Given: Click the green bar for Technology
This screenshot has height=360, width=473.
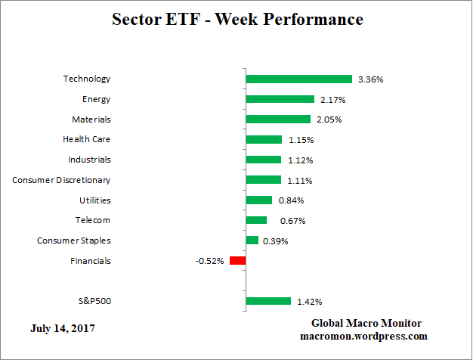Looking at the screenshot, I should pyautogui.click(x=298, y=79).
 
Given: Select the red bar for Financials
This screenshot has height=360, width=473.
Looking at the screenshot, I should pyautogui.click(x=237, y=261).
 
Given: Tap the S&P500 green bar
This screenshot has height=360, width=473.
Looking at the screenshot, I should pyautogui.click(x=268, y=301).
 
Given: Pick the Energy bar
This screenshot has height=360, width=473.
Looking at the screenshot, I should pyautogui.click(x=280, y=99).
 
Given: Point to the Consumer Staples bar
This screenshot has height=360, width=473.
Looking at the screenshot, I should pyautogui.click(x=252, y=241).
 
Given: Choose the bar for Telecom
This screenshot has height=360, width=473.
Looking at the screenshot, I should pyautogui.click(x=256, y=220).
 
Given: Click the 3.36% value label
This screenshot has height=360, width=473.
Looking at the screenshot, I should pyautogui.click(x=369, y=79).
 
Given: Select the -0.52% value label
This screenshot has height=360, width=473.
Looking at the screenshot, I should pyautogui.click(x=210, y=261).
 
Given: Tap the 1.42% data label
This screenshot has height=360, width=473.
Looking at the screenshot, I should pyautogui.click(x=308, y=301).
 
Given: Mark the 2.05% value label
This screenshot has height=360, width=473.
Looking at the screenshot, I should pyautogui.click(x=328, y=119).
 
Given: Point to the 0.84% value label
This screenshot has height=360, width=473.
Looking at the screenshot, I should pyautogui.click(x=289, y=200).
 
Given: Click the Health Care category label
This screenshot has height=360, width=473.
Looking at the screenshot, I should pyautogui.click(x=87, y=139).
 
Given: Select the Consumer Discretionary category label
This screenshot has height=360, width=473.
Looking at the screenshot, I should pyautogui.click(x=62, y=180).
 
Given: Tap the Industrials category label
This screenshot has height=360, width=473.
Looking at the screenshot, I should pyautogui.click(x=89, y=160).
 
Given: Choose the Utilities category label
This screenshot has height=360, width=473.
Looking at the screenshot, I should pyautogui.click(x=95, y=200).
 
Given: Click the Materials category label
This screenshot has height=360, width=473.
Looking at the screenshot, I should pyautogui.click(x=91, y=119).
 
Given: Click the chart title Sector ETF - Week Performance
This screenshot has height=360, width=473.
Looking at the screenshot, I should pyautogui.click(x=236, y=19).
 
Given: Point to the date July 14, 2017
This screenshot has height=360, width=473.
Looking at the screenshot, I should pyautogui.click(x=63, y=328).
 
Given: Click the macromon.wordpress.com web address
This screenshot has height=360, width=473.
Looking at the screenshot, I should pyautogui.click(x=364, y=336).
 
